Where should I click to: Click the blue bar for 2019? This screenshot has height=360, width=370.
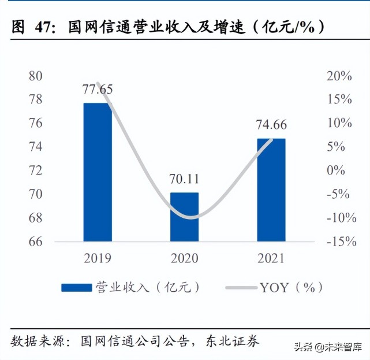98,172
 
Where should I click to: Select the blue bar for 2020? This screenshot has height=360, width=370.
184,217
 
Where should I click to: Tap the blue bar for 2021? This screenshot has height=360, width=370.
271,190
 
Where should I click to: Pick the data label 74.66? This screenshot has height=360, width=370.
271,125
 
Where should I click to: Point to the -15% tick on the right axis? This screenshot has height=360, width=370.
341,242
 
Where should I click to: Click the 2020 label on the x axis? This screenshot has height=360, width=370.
184,258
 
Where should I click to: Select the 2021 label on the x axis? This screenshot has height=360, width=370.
271,258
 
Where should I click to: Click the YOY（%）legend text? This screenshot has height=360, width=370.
291,287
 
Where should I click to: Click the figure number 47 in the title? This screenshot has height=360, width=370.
46,27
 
